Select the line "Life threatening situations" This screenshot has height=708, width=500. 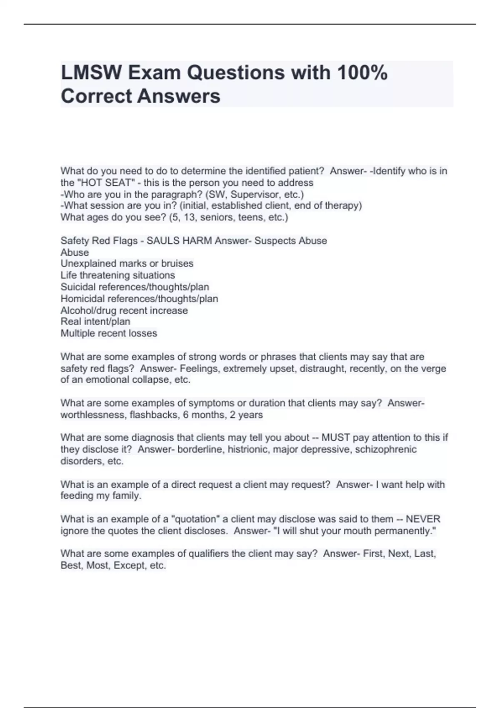coord(117,275)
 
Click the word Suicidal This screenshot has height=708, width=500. coord(78,287)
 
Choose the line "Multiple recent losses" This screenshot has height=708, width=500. coord(109,333)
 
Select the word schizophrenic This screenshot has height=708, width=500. coord(385,449)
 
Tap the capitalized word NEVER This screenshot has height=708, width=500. coord(423,519)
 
